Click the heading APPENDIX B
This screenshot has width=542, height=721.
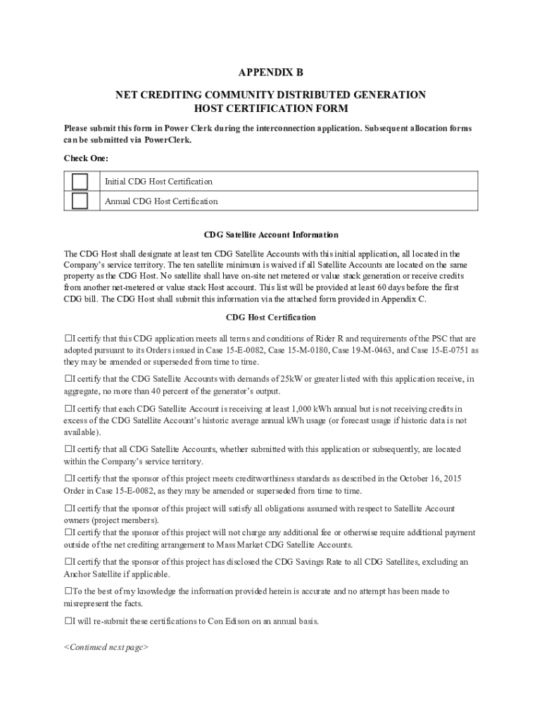[x=270, y=73]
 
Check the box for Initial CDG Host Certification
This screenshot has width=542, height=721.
[x=80, y=182]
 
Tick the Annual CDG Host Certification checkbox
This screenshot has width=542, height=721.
[x=80, y=201]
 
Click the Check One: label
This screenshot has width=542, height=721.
[x=86, y=158]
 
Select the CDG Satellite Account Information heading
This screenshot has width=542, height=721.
[x=270, y=235]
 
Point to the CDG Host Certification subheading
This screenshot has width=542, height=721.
[x=270, y=318]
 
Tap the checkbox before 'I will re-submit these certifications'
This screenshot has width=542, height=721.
[x=68, y=622]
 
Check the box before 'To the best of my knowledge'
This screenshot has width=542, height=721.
[x=68, y=591]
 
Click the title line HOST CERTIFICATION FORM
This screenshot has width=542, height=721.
[x=270, y=109]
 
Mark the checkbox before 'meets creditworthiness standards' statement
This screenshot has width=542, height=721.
[x=68, y=479]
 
